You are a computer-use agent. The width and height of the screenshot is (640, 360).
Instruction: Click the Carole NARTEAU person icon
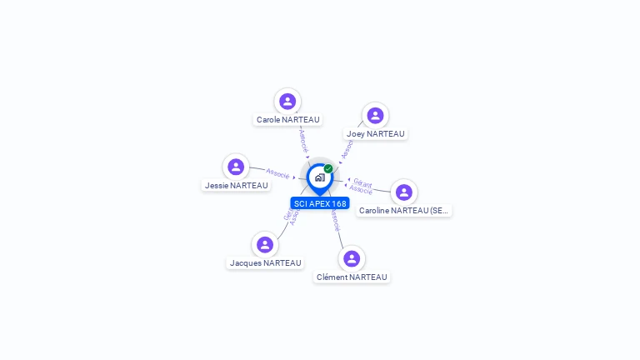click(x=287, y=102)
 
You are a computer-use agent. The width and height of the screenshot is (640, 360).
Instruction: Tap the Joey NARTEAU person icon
click(x=375, y=116)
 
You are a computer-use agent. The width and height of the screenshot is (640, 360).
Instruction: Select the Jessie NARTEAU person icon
click(x=236, y=167)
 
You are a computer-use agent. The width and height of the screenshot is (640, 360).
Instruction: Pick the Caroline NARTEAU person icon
click(x=404, y=192)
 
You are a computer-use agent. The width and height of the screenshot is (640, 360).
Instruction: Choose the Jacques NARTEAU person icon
click(x=265, y=245)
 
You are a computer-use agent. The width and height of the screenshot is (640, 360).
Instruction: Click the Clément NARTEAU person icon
click(x=352, y=259)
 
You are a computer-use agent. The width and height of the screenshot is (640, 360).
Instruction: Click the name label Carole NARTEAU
click(x=287, y=120)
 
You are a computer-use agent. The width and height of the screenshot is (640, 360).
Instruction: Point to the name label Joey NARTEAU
click(x=375, y=134)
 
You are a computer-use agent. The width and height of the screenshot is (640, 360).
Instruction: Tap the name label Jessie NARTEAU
click(x=236, y=186)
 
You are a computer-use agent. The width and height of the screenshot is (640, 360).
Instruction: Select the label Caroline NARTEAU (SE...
click(x=404, y=211)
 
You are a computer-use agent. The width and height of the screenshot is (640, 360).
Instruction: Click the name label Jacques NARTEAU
click(x=265, y=263)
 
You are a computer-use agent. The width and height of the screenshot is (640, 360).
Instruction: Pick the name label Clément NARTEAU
click(x=352, y=277)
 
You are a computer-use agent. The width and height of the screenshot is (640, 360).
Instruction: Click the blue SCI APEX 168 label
click(x=320, y=203)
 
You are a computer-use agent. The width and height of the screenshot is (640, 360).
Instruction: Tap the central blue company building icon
click(x=319, y=177)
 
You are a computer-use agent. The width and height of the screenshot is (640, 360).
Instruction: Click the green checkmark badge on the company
click(x=328, y=169)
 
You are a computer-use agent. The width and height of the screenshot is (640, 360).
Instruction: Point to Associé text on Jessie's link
click(x=277, y=173)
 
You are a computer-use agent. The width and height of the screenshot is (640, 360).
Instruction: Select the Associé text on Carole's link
click(x=303, y=139)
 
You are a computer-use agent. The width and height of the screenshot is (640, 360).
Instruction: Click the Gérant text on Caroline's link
click(x=362, y=182)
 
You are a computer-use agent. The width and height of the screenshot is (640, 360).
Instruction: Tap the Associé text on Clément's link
click(x=335, y=220)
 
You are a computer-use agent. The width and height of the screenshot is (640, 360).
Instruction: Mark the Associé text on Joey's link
click(x=347, y=148)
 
